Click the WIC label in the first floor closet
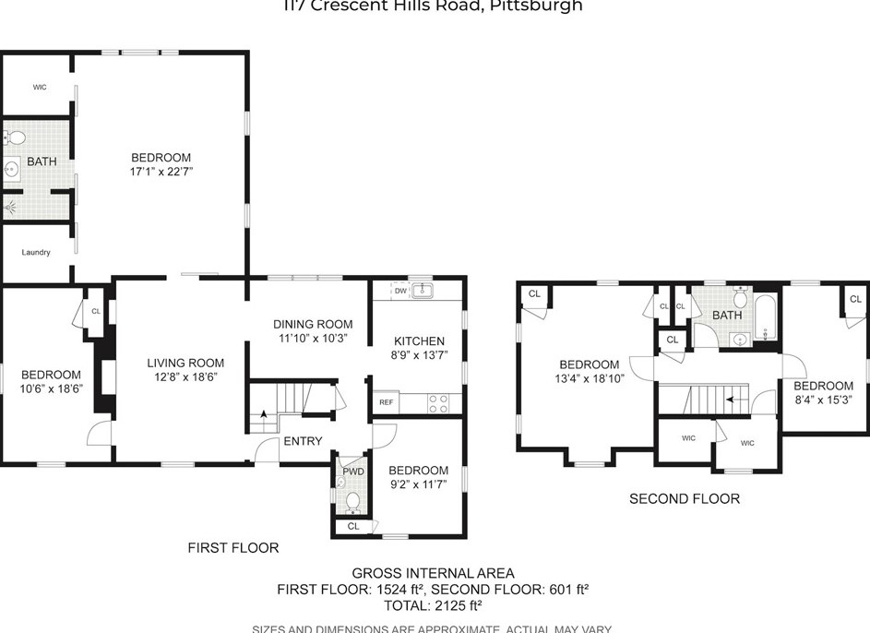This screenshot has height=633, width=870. [40, 87]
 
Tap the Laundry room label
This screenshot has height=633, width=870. [36, 252]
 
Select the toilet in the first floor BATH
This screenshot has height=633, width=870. [15, 138]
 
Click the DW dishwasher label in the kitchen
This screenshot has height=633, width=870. [400, 291]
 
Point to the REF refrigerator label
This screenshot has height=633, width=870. [386, 403]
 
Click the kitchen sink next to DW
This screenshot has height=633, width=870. [423, 291]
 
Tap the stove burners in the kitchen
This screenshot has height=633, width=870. [439, 403]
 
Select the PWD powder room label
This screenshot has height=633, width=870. [353, 471]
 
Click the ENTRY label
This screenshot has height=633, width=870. [303, 441]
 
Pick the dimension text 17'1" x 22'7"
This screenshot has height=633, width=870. [161, 172]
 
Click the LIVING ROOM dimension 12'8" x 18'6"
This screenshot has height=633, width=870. [185, 376]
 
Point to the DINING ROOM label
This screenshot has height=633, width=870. [313, 324]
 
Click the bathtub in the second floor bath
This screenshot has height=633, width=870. [766, 320]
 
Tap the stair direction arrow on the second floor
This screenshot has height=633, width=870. [731, 400]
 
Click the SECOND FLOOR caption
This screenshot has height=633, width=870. [684, 499]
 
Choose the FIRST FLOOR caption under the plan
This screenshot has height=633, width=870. [232, 548]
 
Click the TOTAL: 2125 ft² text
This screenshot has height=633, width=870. [433, 606]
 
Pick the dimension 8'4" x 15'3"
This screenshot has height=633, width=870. [823, 400]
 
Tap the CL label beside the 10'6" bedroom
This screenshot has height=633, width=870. [96, 311]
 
